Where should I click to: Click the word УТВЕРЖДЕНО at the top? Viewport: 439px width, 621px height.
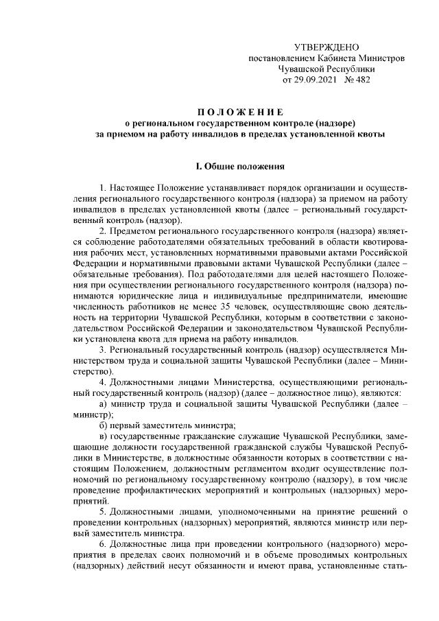coord(326,47)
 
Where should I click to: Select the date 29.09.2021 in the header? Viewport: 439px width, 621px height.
coord(318,80)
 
